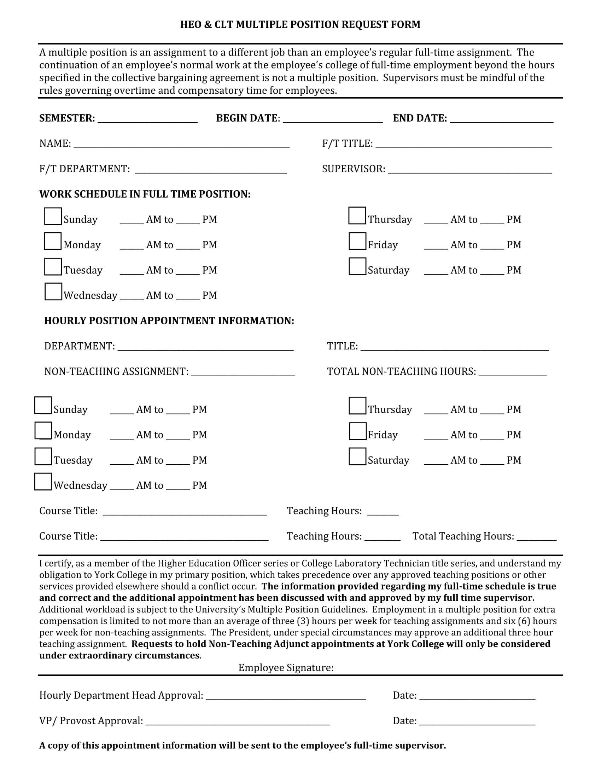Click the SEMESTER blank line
coord(147,118)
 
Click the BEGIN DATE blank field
coord(333,118)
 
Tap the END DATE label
coord(419,118)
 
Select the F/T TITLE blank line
coord(463,144)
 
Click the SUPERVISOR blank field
coord(469,169)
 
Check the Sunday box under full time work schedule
coord(53,216)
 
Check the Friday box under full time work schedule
coord(357,241)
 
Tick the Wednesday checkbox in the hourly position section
coord(43,482)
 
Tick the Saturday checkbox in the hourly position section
coord(357,457)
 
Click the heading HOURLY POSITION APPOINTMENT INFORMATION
coord(169,321)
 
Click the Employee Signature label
coord(286,668)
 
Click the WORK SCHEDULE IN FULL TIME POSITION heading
coord(145,194)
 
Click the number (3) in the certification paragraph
coord(303,621)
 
